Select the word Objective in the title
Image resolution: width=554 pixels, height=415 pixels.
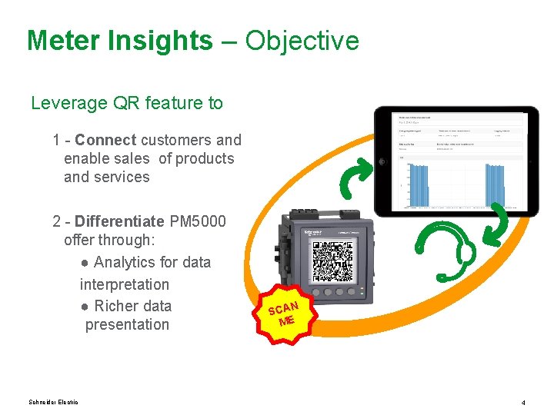click(x=302, y=41)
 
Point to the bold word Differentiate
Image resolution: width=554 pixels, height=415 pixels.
click(x=119, y=221)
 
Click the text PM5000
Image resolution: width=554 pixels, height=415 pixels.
click(x=198, y=221)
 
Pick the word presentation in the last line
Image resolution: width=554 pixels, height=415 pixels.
click(x=127, y=324)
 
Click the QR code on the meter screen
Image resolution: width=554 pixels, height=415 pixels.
click(x=332, y=260)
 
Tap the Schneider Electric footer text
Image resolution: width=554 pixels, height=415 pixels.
click(x=53, y=402)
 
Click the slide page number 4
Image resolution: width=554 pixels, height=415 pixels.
click(x=522, y=403)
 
